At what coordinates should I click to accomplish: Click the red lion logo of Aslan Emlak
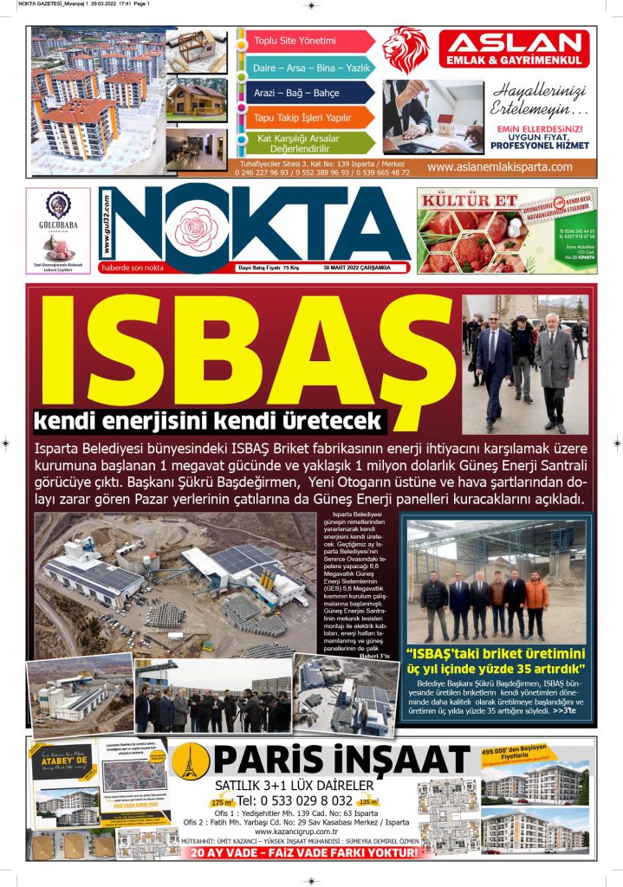406,49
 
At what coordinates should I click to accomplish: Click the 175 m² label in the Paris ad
222,803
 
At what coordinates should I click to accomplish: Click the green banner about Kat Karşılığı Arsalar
303,143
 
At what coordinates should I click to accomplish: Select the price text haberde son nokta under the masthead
133,268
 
